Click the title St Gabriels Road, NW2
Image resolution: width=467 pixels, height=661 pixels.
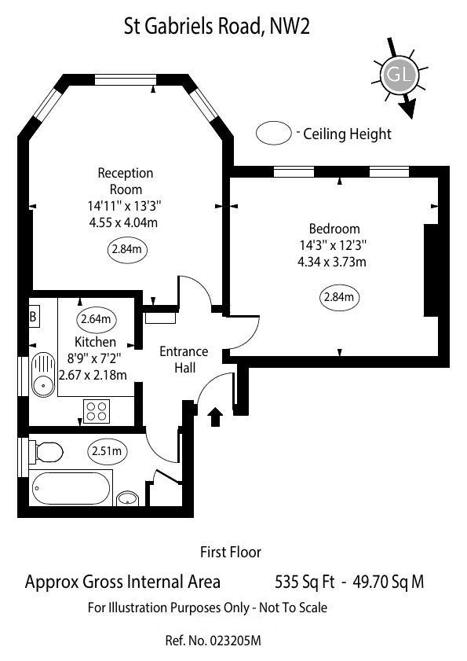pos(217,28)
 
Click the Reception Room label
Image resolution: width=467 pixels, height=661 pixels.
pos(126,181)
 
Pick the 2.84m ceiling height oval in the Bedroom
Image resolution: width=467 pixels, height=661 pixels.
pos(340,298)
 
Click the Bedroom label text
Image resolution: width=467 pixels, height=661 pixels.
pos(334,229)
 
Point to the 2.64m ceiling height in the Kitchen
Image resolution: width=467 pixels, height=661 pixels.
pos(95,319)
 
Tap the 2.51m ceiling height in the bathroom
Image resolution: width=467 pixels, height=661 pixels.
pos(106,451)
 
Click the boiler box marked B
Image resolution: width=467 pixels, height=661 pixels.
pos(34,318)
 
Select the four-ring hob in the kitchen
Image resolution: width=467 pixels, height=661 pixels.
pos(97,411)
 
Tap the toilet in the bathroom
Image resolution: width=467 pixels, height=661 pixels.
pos(46,452)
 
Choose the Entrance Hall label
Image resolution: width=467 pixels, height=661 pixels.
pos(184,359)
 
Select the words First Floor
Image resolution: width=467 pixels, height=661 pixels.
pos(231,553)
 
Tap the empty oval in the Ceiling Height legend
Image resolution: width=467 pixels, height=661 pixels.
pos(273,133)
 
